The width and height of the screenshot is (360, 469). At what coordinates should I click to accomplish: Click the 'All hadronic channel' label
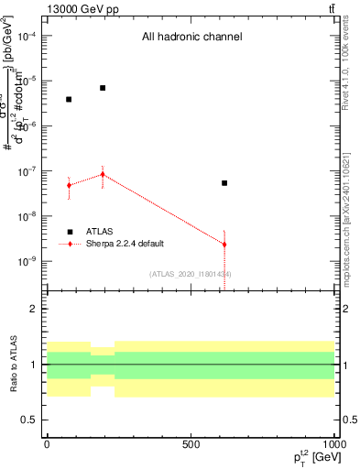[x=191, y=38]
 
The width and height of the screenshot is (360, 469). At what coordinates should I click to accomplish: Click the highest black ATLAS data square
[x=103, y=88]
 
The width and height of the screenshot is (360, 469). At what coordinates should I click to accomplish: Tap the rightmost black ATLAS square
[x=224, y=183]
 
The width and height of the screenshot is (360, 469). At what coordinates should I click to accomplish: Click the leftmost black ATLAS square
[x=69, y=99]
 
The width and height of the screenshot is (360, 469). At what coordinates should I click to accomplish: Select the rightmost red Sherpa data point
[x=224, y=245]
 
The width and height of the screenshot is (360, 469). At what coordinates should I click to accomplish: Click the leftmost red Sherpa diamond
[x=69, y=185]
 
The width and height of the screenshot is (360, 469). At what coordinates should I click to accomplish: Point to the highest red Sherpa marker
[x=103, y=174]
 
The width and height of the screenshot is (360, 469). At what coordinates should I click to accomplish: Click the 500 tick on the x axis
[x=191, y=443]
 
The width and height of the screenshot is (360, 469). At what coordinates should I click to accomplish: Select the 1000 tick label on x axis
[x=333, y=443]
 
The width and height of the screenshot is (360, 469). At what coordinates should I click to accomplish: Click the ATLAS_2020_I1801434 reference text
[x=191, y=274]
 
